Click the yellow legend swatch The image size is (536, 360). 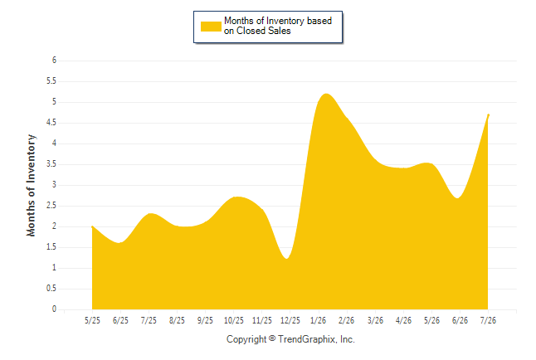pos(211,27)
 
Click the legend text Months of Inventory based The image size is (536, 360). pos(278,21)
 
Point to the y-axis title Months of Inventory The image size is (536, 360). pos(31,185)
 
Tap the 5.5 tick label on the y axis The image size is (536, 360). pos(51,81)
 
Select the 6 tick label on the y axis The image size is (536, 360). pos(54,61)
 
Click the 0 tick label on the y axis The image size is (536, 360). pos(54,309)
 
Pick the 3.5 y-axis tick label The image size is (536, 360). pos(51,164)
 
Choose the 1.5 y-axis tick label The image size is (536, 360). pos(51,247)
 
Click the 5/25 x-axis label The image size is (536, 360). pos(92,320)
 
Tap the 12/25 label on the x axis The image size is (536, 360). pos(290,320)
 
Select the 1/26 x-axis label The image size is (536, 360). pos(319,320)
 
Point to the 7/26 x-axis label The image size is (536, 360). pos(488,320)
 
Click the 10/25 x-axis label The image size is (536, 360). pos(234,320)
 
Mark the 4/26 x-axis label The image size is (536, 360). pos(403,320)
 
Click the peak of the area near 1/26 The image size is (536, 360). pos(326,94)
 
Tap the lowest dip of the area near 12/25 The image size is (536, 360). pos(286,258)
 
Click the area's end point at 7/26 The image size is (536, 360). pos(488,114)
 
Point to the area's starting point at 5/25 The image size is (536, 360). pos(92,226)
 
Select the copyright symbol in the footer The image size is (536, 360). pos(272,338)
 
